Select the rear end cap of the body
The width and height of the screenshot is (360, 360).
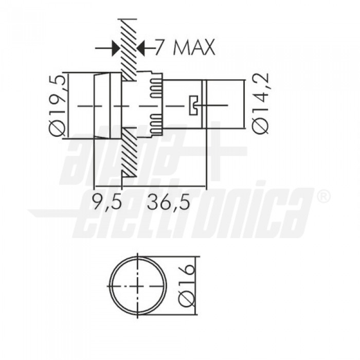click(224, 105)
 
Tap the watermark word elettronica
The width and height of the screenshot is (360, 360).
click(195, 211)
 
